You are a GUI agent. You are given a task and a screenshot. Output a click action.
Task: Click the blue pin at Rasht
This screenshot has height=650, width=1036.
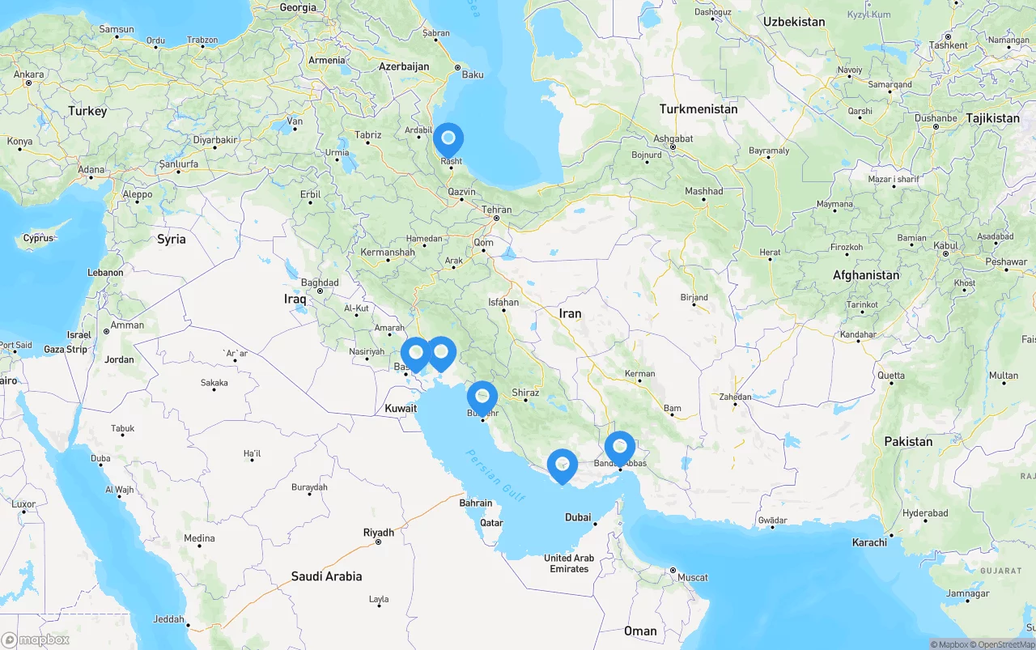pyautogui.click(x=448, y=138)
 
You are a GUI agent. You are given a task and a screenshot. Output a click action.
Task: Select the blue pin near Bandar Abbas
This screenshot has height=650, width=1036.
pyautogui.click(x=620, y=446)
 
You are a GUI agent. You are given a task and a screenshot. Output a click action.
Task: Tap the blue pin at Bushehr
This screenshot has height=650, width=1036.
pyautogui.click(x=482, y=396)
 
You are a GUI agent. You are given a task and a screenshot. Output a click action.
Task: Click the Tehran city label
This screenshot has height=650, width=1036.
pyautogui.click(x=496, y=210)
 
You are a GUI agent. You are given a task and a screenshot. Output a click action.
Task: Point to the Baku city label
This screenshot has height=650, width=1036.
pyautogui.click(x=472, y=74)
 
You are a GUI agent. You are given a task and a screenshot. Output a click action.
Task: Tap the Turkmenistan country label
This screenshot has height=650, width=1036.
pyautogui.click(x=698, y=108)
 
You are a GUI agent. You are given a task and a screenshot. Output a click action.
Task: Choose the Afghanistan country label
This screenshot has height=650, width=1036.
pyautogui.click(x=866, y=275)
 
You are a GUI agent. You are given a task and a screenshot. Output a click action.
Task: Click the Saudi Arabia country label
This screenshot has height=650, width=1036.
pyautogui.click(x=326, y=576)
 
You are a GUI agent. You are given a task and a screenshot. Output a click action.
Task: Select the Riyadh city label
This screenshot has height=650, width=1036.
pyautogui.click(x=379, y=533)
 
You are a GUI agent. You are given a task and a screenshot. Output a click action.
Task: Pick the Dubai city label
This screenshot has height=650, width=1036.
pyautogui.click(x=578, y=517)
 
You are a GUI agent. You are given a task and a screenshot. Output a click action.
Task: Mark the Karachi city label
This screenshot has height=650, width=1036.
pyautogui.click(x=869, y=542)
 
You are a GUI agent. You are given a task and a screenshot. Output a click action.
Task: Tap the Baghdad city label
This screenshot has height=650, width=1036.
pyautogui.click(x=320, y=283)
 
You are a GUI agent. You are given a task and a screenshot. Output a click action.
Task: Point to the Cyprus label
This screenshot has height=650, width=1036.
pyautogui.click(x=38, y=238)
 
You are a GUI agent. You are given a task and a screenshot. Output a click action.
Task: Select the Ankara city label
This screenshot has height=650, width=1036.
pyautogui.click(x=29, y=74)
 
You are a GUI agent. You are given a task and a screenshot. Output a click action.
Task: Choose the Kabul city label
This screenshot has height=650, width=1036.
pyautogui.click(x=946, y=245)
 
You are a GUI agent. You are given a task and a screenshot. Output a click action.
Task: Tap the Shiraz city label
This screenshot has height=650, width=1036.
pyautogui.click(x=525, y=393)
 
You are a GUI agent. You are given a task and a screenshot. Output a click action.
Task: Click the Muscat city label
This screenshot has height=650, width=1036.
pyautogui.click(x=692, y=577)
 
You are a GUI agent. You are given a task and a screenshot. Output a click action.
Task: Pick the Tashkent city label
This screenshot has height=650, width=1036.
pyautogui.click(x=948, y=45)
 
